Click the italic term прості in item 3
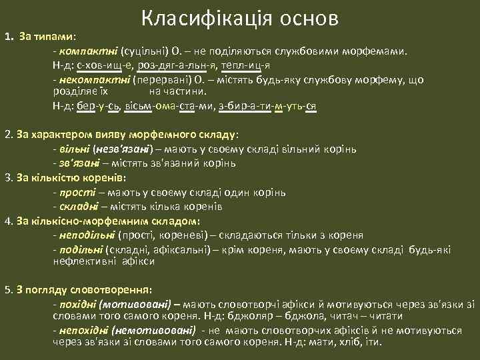tap(76, 193)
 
